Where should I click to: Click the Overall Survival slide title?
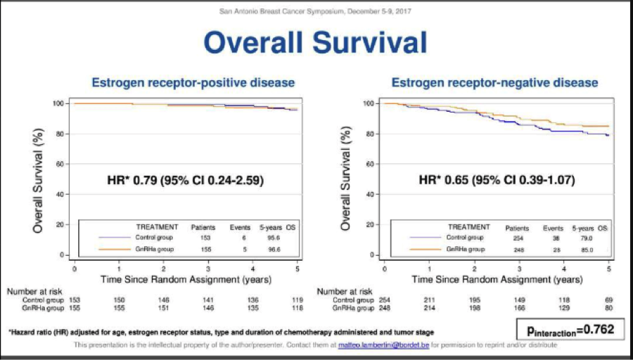point(315,42)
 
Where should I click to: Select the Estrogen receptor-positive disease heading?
point(193,83)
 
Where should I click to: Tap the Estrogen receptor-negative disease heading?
point(494,83)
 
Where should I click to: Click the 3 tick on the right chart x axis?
point(519,269)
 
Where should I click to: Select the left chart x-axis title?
point(186,278)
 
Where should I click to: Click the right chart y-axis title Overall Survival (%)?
point(346,179)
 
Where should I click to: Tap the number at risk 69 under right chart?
point(608,300)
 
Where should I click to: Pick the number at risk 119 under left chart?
point(298,300)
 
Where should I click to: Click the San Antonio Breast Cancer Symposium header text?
point(316,11)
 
